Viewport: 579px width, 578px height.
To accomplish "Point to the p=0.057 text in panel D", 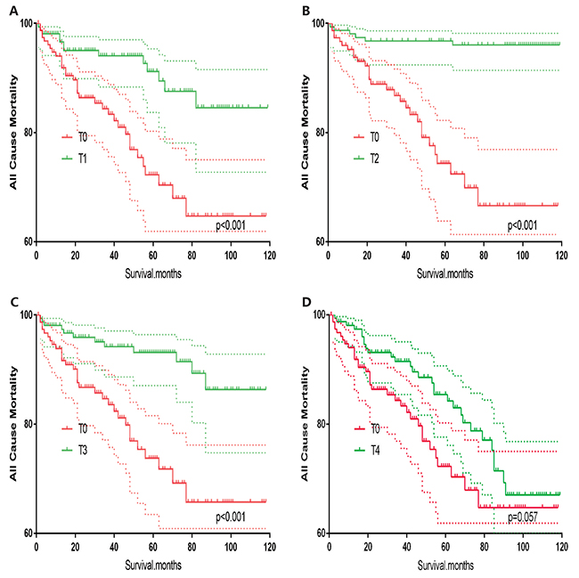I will click(526, 517).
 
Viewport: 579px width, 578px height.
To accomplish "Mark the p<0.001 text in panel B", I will click(527, 225).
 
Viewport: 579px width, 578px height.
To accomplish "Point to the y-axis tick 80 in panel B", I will click(320, 133).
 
